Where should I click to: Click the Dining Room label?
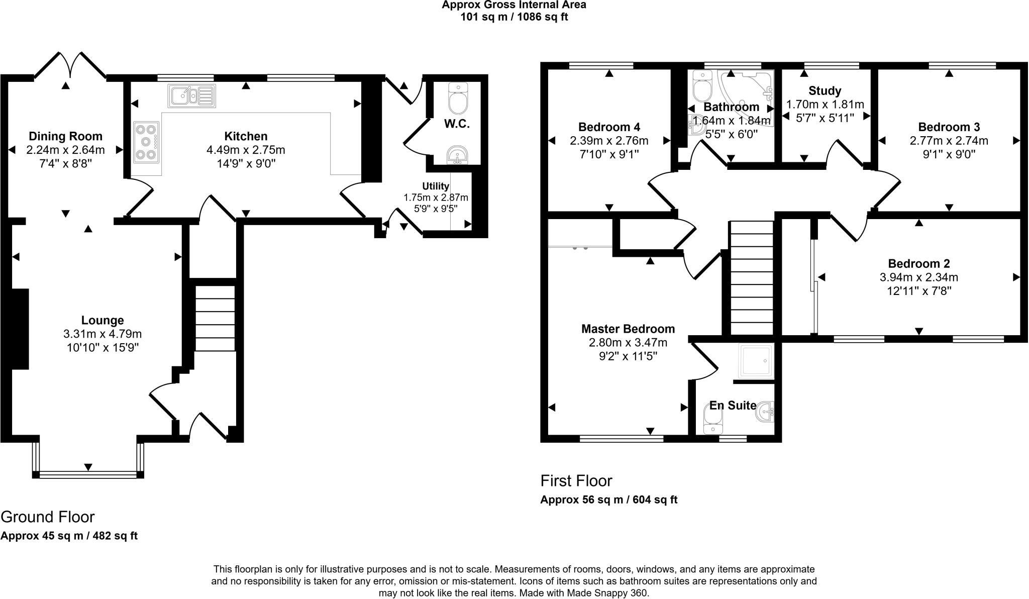65,136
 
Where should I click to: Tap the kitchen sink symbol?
192,95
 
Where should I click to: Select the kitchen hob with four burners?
147,142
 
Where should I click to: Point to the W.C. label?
457,124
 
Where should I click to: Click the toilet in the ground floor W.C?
457,98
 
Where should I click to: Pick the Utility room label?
436,186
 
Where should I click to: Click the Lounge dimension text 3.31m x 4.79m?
102,334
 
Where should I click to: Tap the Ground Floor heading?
48,517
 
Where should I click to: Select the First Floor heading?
576,481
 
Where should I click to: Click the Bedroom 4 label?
609,127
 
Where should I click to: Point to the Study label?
825,91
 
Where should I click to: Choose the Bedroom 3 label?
949,127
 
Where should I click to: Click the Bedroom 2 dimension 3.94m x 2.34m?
919,277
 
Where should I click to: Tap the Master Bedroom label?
628,329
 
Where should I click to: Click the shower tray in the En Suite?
756,361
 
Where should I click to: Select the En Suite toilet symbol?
713,420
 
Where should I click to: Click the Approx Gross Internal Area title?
514,5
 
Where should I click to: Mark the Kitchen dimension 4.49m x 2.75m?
246,150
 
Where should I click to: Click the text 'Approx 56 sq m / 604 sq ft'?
609,500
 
